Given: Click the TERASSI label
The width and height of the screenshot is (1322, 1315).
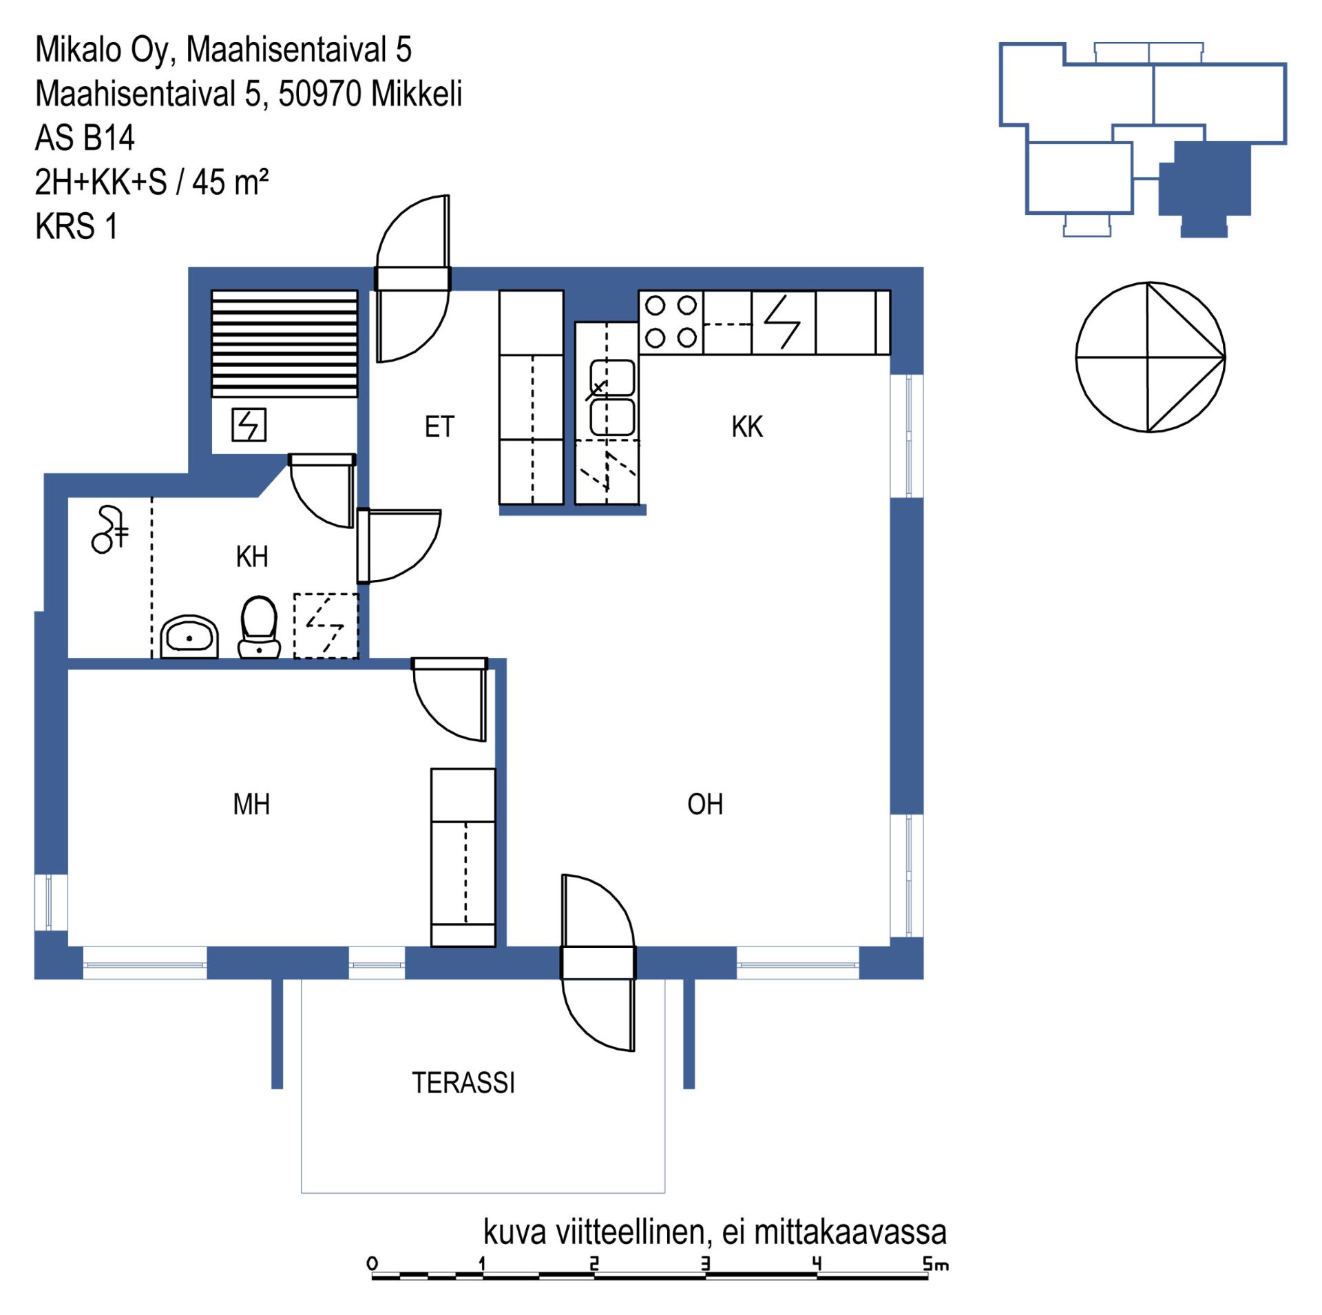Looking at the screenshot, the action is click(x=463, y=1082).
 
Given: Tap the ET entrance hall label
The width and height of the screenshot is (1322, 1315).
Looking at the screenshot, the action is click(x=439, y=426).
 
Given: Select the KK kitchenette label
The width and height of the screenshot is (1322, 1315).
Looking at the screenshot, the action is click(x=746, y=426).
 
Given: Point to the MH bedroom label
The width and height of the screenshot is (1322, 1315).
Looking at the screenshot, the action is click(x=251, y=803).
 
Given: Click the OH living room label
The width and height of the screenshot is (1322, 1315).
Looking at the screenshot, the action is click(x=704, y=803).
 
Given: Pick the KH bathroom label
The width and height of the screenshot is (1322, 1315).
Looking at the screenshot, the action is click(x=251, y=556).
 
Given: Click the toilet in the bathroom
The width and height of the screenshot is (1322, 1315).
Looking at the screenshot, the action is click(x=259, y=627).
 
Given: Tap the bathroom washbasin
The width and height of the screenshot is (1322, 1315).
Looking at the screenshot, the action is click(x=189, y=636).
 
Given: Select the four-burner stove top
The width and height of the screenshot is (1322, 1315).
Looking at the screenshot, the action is click(x=671, y=322).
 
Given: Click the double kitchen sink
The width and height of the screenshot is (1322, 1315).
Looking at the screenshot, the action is click(x=612, y=397).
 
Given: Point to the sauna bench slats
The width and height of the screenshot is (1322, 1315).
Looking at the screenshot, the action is click(x=284, y=344).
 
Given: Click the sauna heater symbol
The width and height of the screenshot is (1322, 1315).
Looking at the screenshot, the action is click(x=249, y=424).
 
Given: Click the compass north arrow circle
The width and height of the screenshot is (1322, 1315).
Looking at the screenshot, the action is click(x=1150, y=357).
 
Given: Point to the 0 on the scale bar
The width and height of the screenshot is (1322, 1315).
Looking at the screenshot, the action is click(x=373, y=1263).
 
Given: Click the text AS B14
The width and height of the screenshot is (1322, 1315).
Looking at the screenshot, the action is click(x=85, y=138).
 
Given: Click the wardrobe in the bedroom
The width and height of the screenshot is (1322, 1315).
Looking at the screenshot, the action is click(x=463, y=858).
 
